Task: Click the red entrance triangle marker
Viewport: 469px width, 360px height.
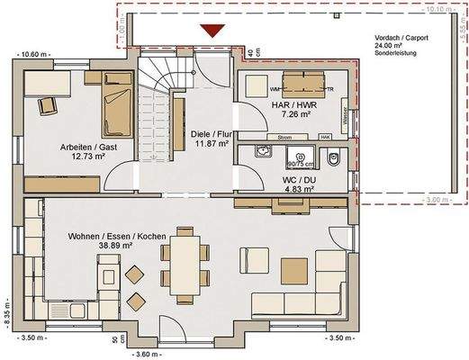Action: coord(212,32)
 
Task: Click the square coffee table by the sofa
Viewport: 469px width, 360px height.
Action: coord(293,269)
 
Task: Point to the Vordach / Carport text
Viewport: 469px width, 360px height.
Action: coord(403,39)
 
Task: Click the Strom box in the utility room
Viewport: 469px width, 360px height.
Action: coord(284,137)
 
